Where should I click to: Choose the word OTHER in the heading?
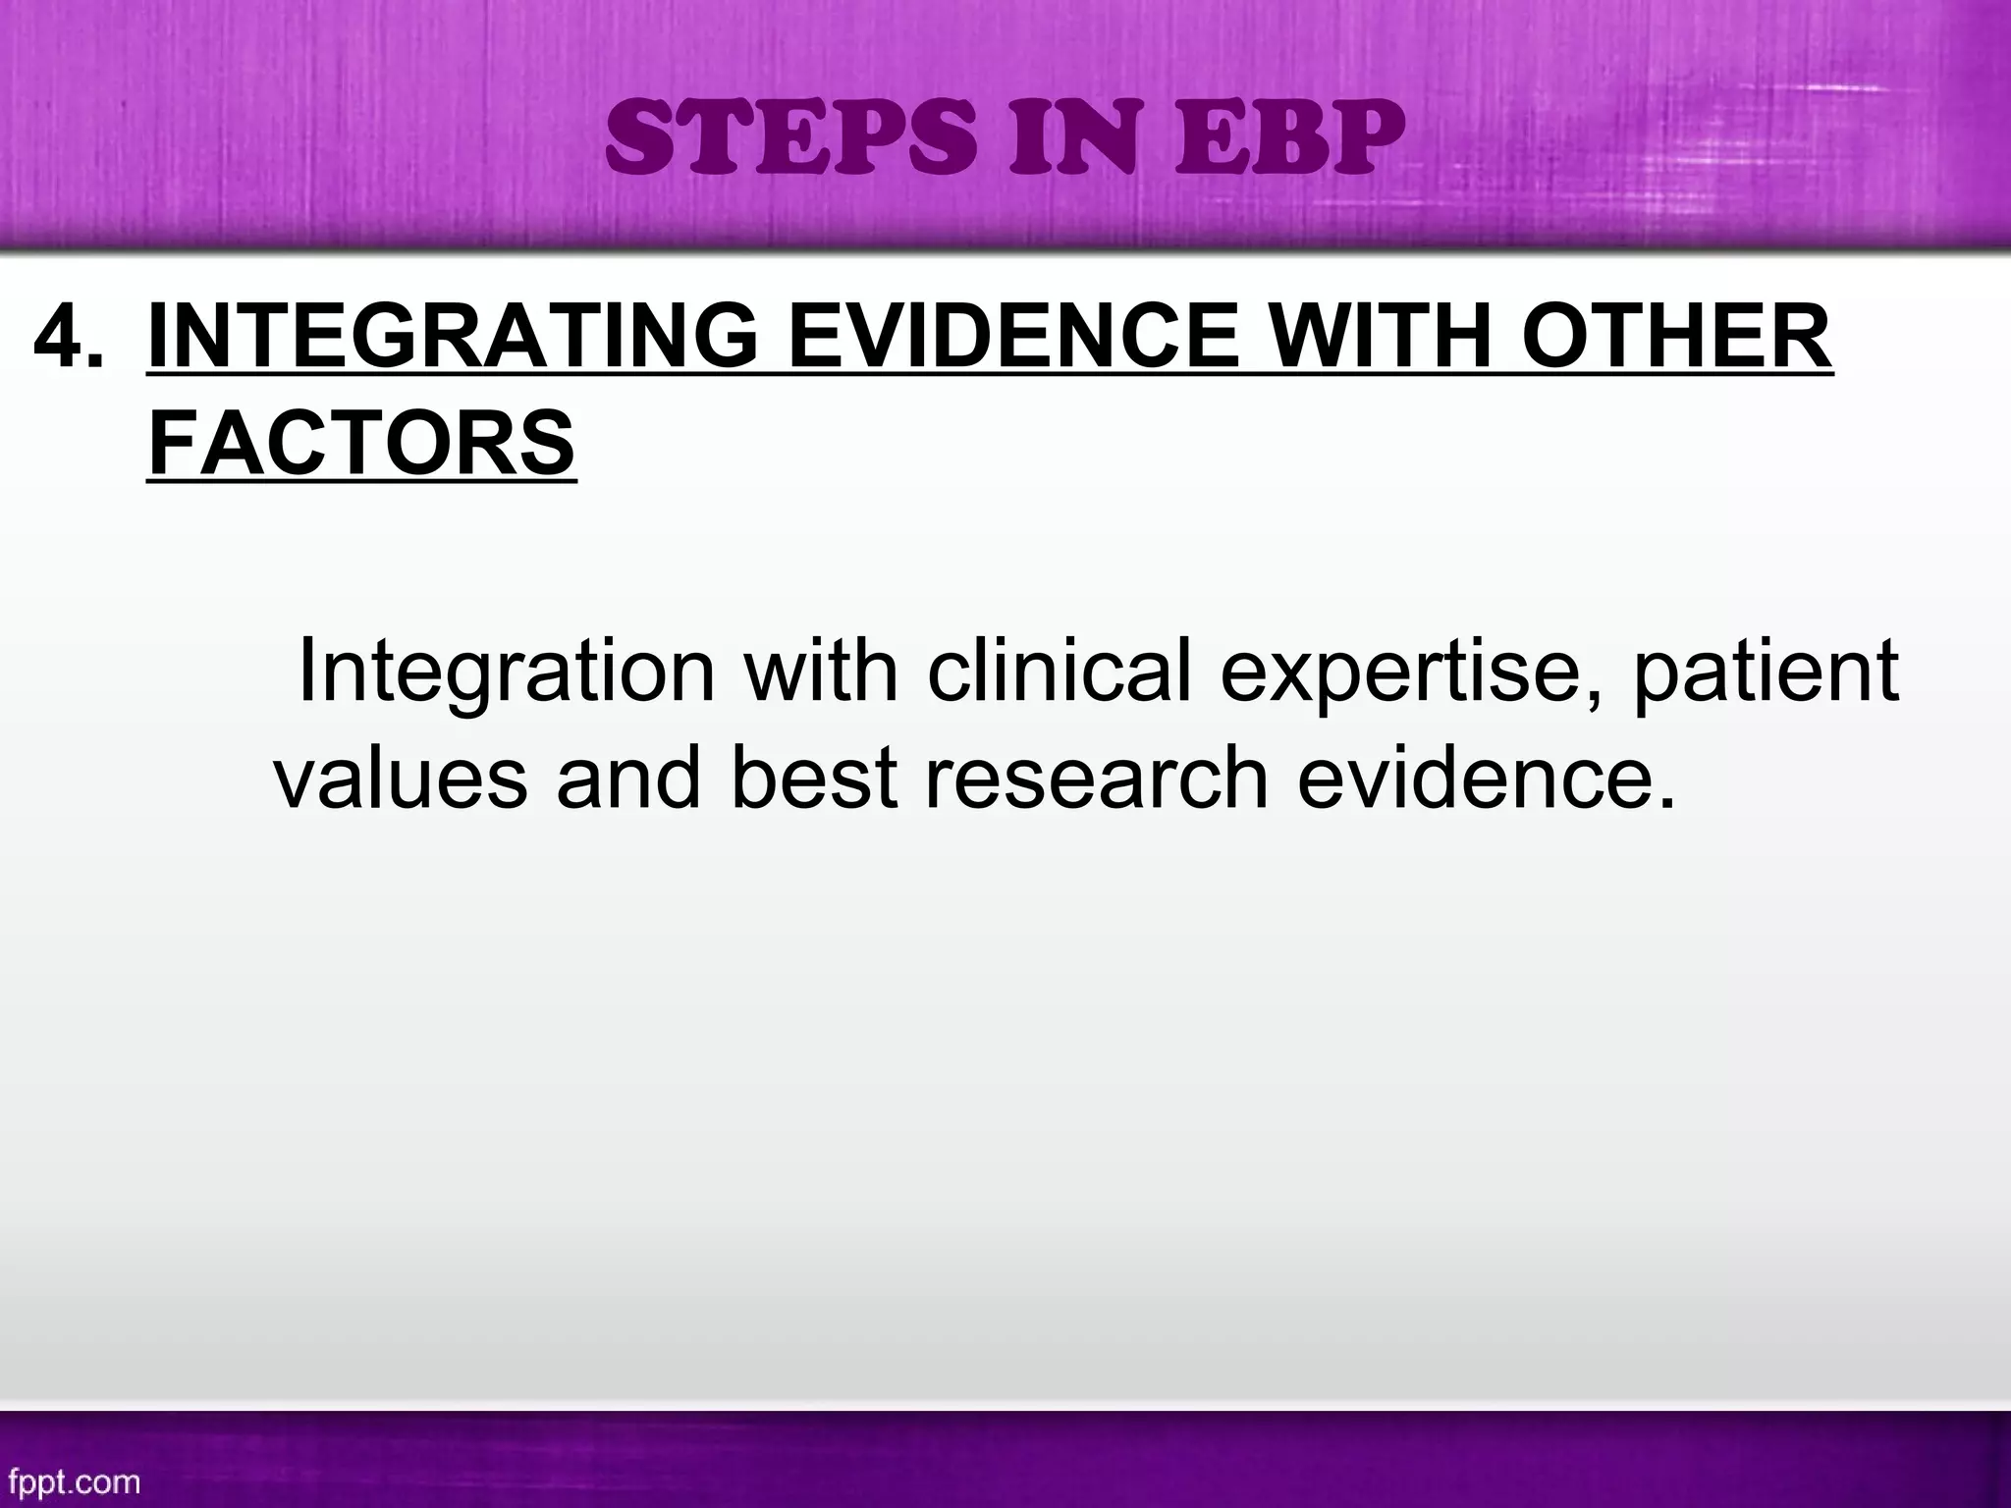[x=1675, y=337]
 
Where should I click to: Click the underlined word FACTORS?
[x=361, y=443]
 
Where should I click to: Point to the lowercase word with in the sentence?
[x=820, y=671]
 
